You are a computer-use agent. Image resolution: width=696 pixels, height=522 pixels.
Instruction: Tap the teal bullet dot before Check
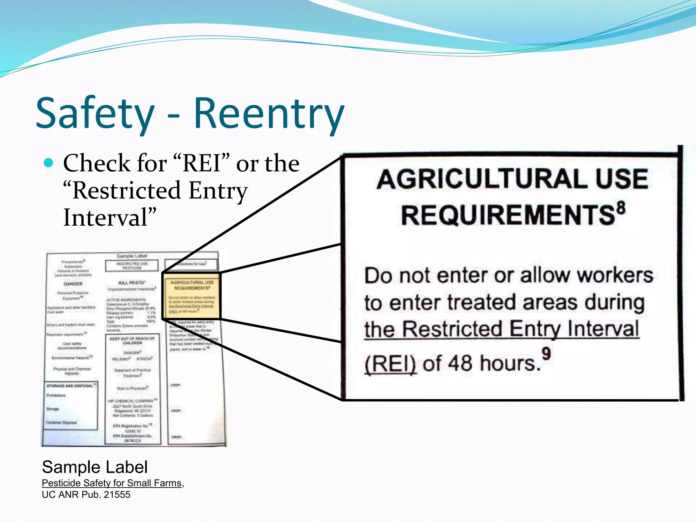(49, 163)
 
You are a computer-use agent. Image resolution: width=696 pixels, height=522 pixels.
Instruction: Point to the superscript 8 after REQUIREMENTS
(621, 208)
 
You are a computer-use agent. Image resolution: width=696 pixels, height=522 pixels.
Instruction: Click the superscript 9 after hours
(546, 354)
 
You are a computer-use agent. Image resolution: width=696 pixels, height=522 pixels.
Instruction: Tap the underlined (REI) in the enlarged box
(390, 364)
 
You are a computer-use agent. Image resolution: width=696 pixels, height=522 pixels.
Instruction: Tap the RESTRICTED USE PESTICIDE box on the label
(132, 266)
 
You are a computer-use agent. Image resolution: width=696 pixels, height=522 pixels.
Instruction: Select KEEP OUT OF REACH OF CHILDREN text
(132, 341)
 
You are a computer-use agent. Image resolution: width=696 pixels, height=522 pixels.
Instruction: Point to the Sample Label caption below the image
(95, 467)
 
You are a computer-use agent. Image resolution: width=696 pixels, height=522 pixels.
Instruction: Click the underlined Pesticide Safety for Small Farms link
(111, 483)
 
